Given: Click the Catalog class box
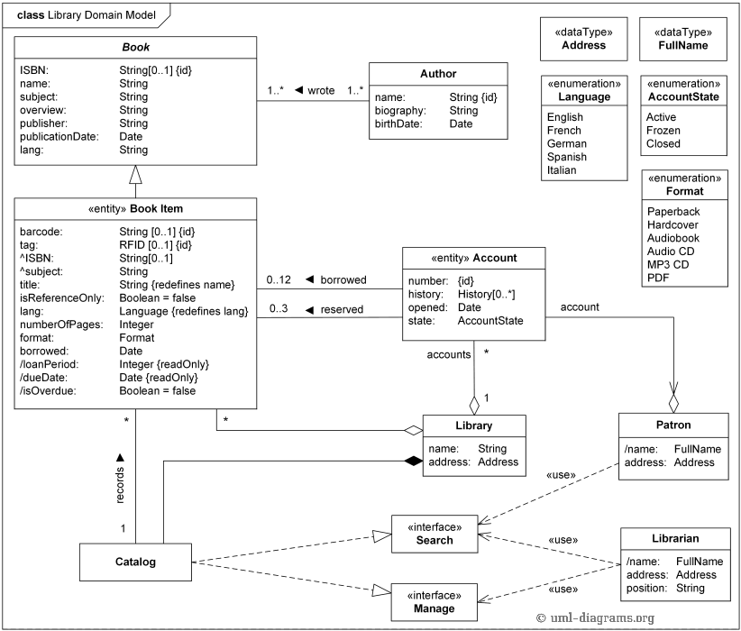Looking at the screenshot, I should coord(135,562).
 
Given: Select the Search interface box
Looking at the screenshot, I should coord(435,534).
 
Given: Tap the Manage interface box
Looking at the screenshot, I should coord(435,601).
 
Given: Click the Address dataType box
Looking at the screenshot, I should coord(583,38).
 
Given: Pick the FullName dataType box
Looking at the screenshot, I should coord(682,38).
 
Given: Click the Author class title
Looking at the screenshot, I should coord(438,74).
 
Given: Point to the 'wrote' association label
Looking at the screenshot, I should coord(321,91).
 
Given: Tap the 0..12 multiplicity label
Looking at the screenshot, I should coord(279,280).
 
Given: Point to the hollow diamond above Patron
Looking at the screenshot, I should coord(673,402).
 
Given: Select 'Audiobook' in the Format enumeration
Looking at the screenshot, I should coord(672,238).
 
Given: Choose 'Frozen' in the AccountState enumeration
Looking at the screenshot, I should coord(663,131).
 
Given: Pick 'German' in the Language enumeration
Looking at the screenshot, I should coord(566,143).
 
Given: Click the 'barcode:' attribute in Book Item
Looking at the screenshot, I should coord(41,231).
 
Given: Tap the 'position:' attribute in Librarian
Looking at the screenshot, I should coord(647,588).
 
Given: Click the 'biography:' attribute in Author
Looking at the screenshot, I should coord(400,111).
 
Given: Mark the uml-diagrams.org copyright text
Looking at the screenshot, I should coord(594,617).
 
